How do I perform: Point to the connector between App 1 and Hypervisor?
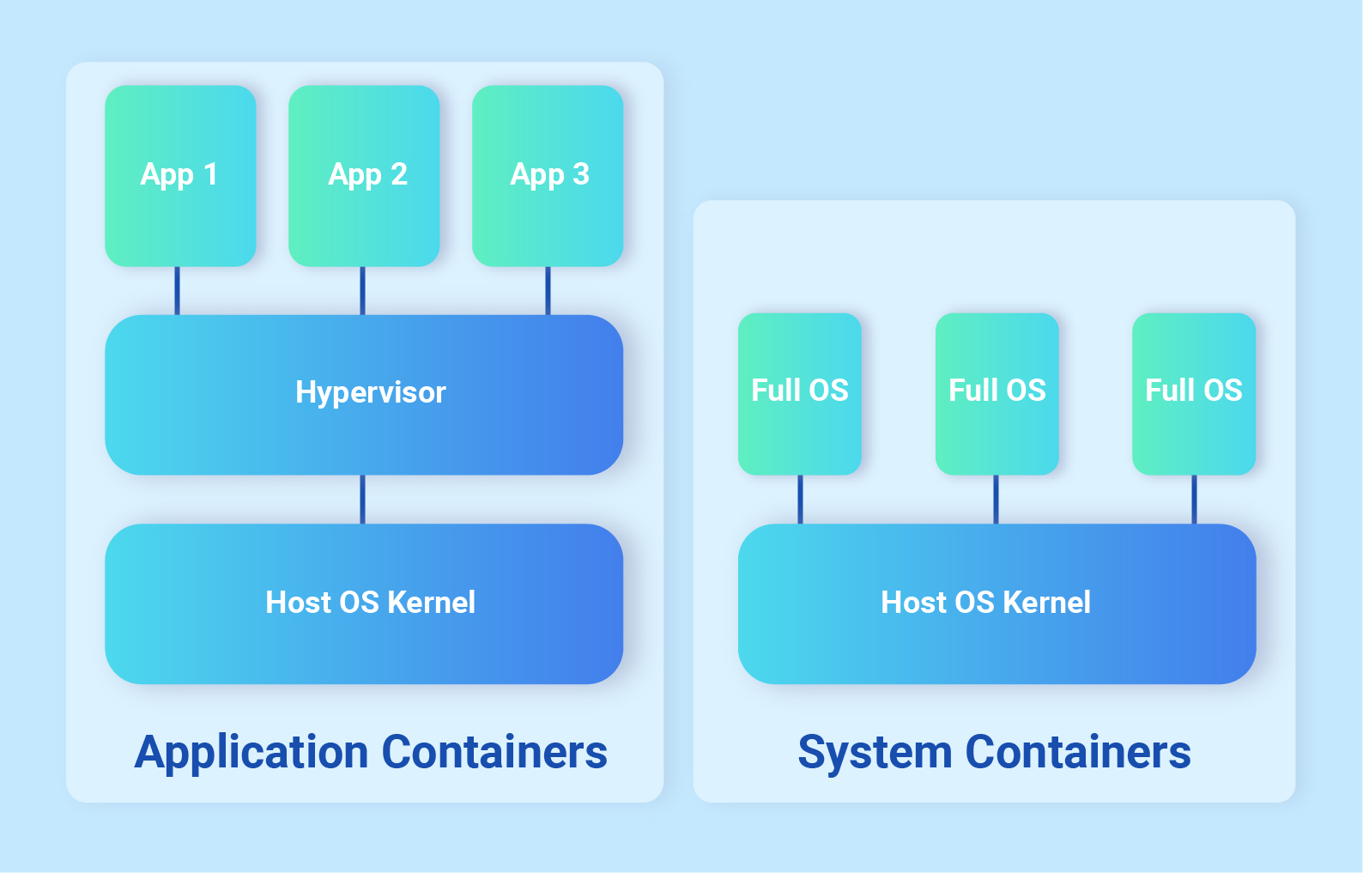(178, 291)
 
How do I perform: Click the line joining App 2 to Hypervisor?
(362, 291)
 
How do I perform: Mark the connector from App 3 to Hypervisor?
(548, 291)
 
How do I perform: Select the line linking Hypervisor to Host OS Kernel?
(362, 500)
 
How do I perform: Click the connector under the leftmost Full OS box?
(800, 500)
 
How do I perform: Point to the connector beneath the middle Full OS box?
(996, 500)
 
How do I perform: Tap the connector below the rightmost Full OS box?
(1193, 500)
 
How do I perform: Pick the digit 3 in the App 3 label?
(581, 174)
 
